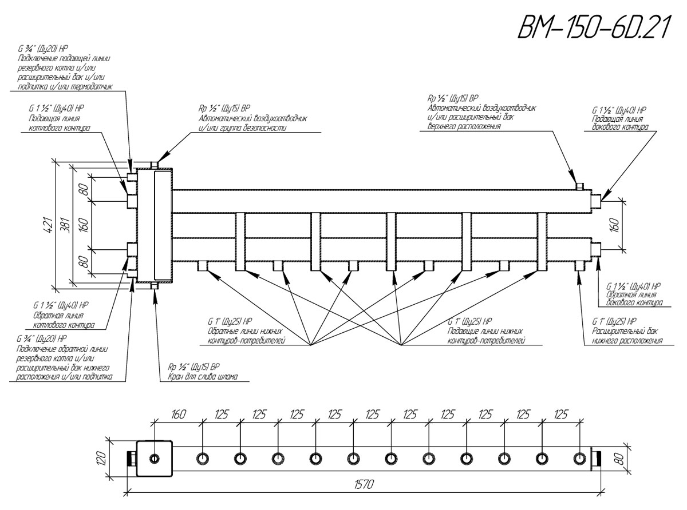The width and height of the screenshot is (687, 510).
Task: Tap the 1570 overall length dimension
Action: pyautogui.click(x=362, y=484)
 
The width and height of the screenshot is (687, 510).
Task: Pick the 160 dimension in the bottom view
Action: pyautogui.click(x=178, y=415)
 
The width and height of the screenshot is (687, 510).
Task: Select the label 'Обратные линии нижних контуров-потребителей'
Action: pyautogui.click(x=246, y=336)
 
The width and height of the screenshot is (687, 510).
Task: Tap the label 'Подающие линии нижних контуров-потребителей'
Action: pyautogui.click(x=487, y=336)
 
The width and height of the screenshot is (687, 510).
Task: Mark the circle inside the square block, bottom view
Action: pyautogui.click(x=155, y=459)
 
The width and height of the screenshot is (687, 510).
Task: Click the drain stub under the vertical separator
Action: pyautogui.click(x=154, y=286)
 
